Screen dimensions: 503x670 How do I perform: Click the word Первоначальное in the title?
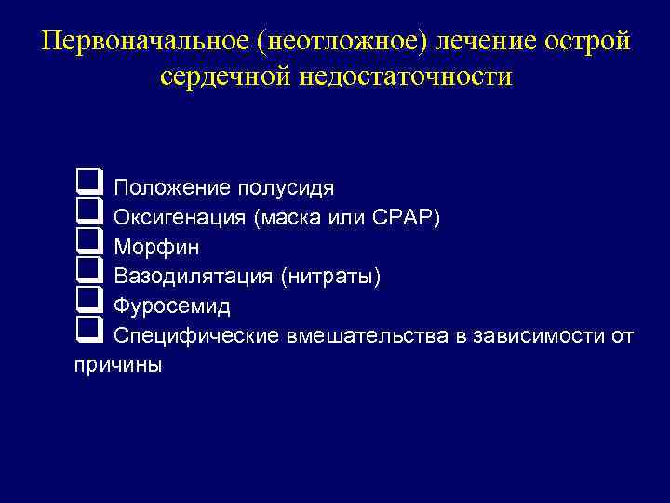pyautogui.click(x=141, y=42)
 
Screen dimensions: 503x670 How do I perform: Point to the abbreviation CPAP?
pyautogui.click(x=409, y=218)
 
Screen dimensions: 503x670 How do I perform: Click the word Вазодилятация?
pyautogui.click(x=189, y=277)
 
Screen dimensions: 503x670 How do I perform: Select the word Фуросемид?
pyautogui.click(x=172, y=306)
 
